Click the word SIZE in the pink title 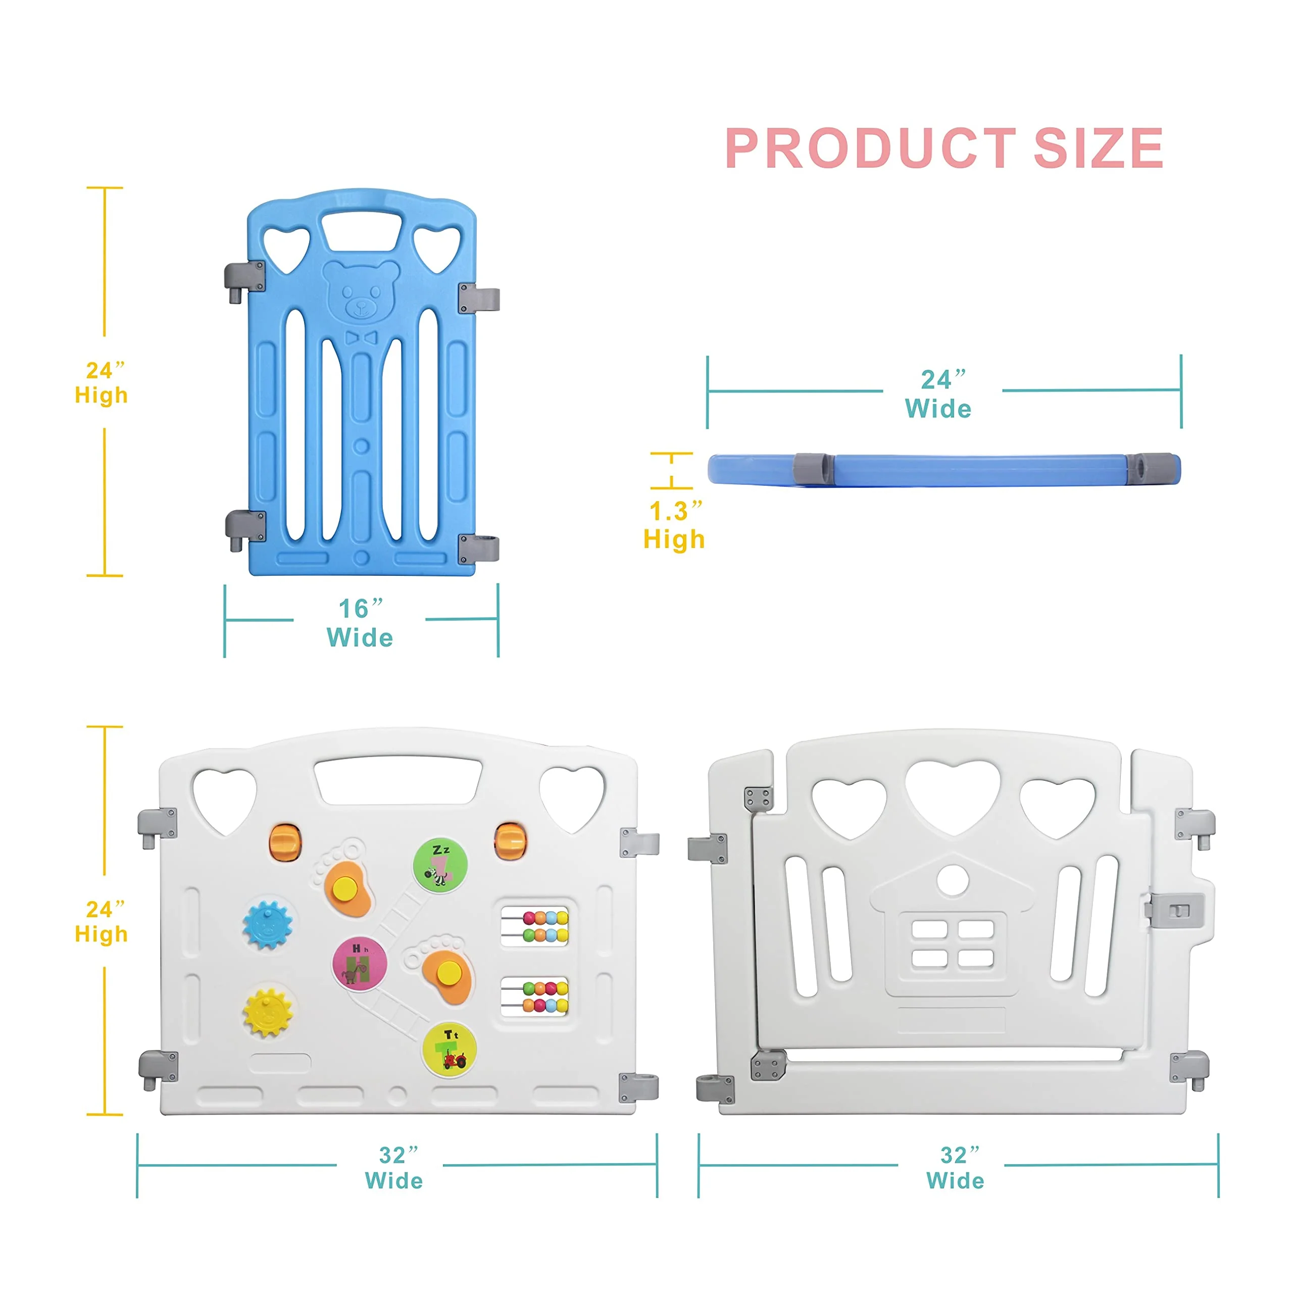pyautogui.click(x=1098, y=148)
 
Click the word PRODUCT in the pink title pyautogui.click(x=871, y=148)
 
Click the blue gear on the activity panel pyautogui.click(x=268, y=925)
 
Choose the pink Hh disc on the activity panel pyautogui.click(x=360, y=964)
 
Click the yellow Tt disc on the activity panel pyautogui.click(x=449, y=1049)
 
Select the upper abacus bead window pyautogui.click(x=535, y=926)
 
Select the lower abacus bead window pyautogui.click(x=535, y=997)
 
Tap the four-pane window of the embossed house pyautogui.click(x=953, y=943)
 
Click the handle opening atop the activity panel pyautogui.click(x=398, y=780)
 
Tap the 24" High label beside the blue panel pyautogui.click(x=101, y=383)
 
